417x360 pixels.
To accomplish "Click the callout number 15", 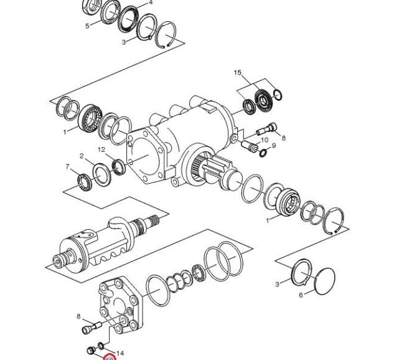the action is [x=238, y=72].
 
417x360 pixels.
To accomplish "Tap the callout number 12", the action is [x=101, y=149].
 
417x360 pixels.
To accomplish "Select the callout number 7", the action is [x=68, y=166].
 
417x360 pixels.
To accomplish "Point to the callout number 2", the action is [x=82, y=156].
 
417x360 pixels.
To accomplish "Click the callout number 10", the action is [x=265, y=140].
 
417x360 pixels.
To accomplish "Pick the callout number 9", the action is [x=274, y=146].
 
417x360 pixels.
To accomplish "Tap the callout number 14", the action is [x=120, y=353].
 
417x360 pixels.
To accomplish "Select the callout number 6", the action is [x=301, y=295].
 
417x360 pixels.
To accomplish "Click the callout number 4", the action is [x=151, y=2].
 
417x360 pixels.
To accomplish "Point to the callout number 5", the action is [x=87, y=26].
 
